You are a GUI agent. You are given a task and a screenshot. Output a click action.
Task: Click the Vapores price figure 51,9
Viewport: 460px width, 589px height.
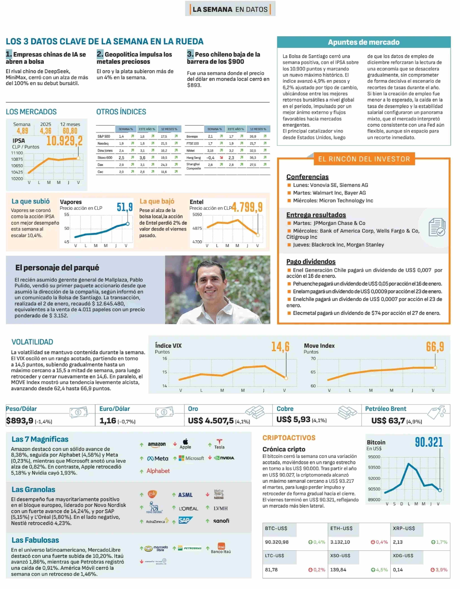pos(125,207)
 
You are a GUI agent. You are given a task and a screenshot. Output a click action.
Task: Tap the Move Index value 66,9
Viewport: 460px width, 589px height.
pos(435,347)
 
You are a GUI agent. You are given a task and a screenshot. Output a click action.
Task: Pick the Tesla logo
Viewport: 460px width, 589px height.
pos(219,444)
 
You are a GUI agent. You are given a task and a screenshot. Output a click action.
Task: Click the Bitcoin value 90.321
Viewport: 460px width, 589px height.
pos(429,442)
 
